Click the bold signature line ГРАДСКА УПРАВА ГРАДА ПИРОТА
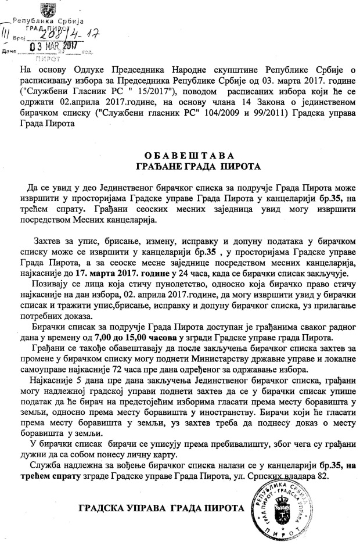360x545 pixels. (161, 508)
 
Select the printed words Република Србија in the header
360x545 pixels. (53, 20)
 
